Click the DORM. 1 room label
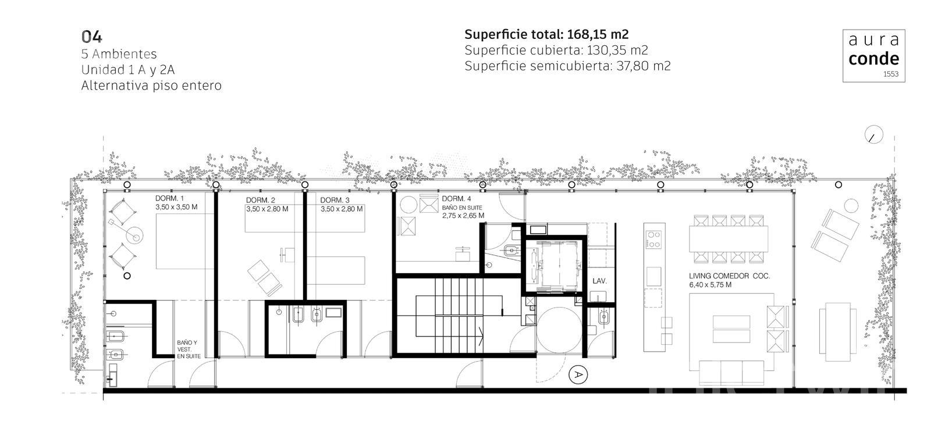[x=169, y=198]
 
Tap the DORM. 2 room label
[x=261, y=200]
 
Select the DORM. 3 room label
[x=335, y=200]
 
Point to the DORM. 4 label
[x=456, y=199]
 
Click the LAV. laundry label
[x=599, y=281]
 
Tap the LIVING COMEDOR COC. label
[x=730, y=276]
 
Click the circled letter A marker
[x=578, y=374]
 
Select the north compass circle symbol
[x=873, y=135]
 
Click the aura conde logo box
[x=873, y=56]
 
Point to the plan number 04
[x=91, y=37]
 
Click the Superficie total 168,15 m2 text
[x=546, y=34]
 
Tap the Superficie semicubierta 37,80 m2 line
[x=567, y=66]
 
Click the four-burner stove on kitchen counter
[x=653, y=239]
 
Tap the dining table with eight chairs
[x=729, y=239]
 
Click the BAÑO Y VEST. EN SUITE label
[x=189, y=349]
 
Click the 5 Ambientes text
[x=119, y=54]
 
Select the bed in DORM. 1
[x=184, y=241]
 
